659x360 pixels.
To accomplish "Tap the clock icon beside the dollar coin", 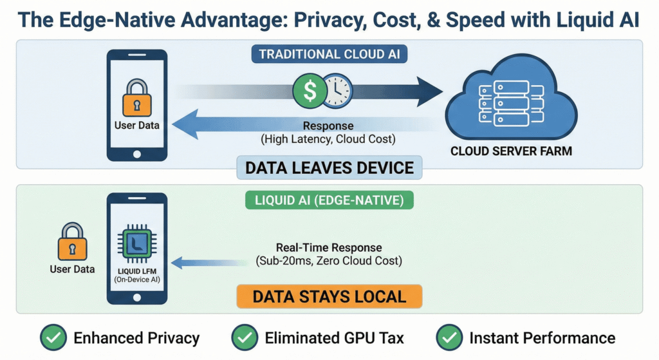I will [337, 91].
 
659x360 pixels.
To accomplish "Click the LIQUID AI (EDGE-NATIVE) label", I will [329, 200].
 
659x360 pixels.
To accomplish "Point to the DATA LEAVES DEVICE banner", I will [329, 168].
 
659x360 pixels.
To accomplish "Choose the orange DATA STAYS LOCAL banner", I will [329, 297].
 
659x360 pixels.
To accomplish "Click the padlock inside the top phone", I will [136, 97].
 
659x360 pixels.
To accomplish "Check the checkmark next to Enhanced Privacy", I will [53, 338].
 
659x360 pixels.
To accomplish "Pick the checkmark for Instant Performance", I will [449, 338].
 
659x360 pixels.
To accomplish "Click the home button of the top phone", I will [136, 154].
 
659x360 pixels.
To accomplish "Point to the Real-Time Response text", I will [329, 248].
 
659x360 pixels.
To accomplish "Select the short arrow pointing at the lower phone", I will [196, 262].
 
